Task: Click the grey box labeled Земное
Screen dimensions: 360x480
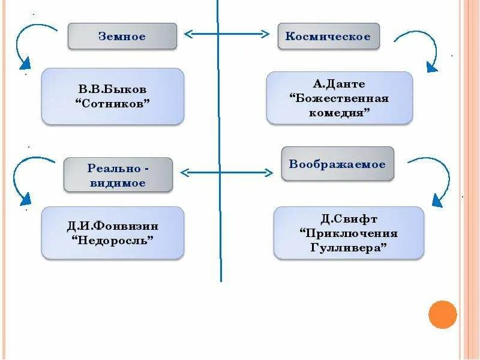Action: (122, 37)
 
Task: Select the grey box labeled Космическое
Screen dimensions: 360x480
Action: (328, 37)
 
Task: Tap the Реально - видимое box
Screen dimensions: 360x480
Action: (118, 175)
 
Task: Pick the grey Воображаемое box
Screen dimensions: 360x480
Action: (337, 164)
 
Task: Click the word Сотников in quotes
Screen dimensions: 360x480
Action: (113, 103)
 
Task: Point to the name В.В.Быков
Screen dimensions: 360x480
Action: (113, 89)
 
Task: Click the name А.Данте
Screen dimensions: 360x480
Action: (339, 84)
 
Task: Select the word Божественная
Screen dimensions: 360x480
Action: (339, 98)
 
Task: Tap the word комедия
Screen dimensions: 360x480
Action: (339, 112)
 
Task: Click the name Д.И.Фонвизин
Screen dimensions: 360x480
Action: (113, 227)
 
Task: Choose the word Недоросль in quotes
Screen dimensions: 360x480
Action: (113, 241)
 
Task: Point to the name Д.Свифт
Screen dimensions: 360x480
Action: (349, 219)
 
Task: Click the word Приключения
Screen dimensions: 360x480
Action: (349, 233)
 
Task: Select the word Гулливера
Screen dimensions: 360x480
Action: (349, 247)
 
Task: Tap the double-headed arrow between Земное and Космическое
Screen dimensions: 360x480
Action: (227, 34)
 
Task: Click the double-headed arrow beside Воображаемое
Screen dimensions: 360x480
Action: (226, 173)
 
